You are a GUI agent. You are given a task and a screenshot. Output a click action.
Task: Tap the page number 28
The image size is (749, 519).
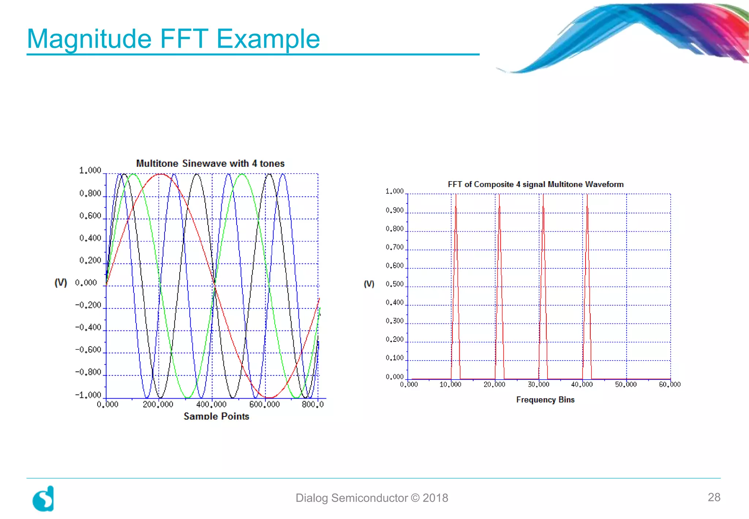tap(714, 497)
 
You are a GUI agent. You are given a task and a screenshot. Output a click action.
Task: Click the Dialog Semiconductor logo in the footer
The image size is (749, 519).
tap(44, 499)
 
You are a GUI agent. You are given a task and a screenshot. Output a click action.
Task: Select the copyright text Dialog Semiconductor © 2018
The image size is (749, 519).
tap(372, 498)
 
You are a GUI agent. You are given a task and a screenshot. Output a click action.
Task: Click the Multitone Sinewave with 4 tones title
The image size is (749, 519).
tap(210, 163)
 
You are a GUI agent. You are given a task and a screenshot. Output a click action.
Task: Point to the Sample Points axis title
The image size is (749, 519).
tap(216, 416)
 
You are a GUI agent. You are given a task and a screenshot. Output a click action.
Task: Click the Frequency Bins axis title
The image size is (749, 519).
tap(545, 400)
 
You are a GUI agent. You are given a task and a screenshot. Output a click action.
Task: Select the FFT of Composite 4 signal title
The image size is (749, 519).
tap(535, 184)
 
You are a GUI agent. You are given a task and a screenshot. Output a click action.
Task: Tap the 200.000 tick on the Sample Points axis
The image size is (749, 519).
tap(158, 404)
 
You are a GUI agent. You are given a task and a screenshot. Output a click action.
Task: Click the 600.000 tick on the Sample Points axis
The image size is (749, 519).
tap(264, 404)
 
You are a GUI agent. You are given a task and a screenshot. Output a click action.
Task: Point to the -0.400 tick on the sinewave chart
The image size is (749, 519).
tap(88, 327)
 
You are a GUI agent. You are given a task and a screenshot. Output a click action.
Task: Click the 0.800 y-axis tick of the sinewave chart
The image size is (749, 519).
tap(90, 193)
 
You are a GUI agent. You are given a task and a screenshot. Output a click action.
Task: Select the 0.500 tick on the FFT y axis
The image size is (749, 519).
tap(394, 284)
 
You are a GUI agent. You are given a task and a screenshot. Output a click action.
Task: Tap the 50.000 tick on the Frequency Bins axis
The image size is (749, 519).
tap(626, 384)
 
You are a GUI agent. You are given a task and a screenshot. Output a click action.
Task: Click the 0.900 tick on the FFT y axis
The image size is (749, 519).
tap(394, 210)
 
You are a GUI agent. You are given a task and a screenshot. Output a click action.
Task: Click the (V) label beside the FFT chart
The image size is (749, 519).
tap(369, 284)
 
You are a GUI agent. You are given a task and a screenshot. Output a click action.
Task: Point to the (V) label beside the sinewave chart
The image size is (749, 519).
tap(61, 283)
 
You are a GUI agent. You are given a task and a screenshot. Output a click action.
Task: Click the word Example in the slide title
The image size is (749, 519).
tap(268, 38)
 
